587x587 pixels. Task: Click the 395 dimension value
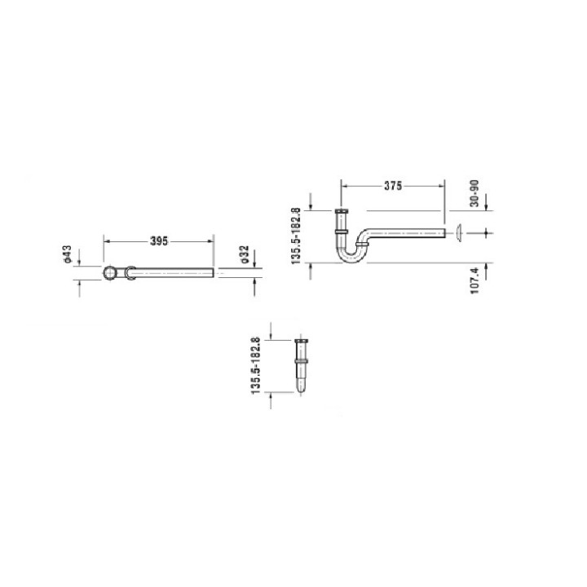coord(158,241)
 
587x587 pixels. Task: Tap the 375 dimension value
coord(393,186)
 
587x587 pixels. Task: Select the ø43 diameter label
coord(69,255)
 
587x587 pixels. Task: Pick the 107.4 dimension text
coord(475,280)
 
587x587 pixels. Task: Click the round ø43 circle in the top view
coord(109,272)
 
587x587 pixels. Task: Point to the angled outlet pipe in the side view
coord(408,233)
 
